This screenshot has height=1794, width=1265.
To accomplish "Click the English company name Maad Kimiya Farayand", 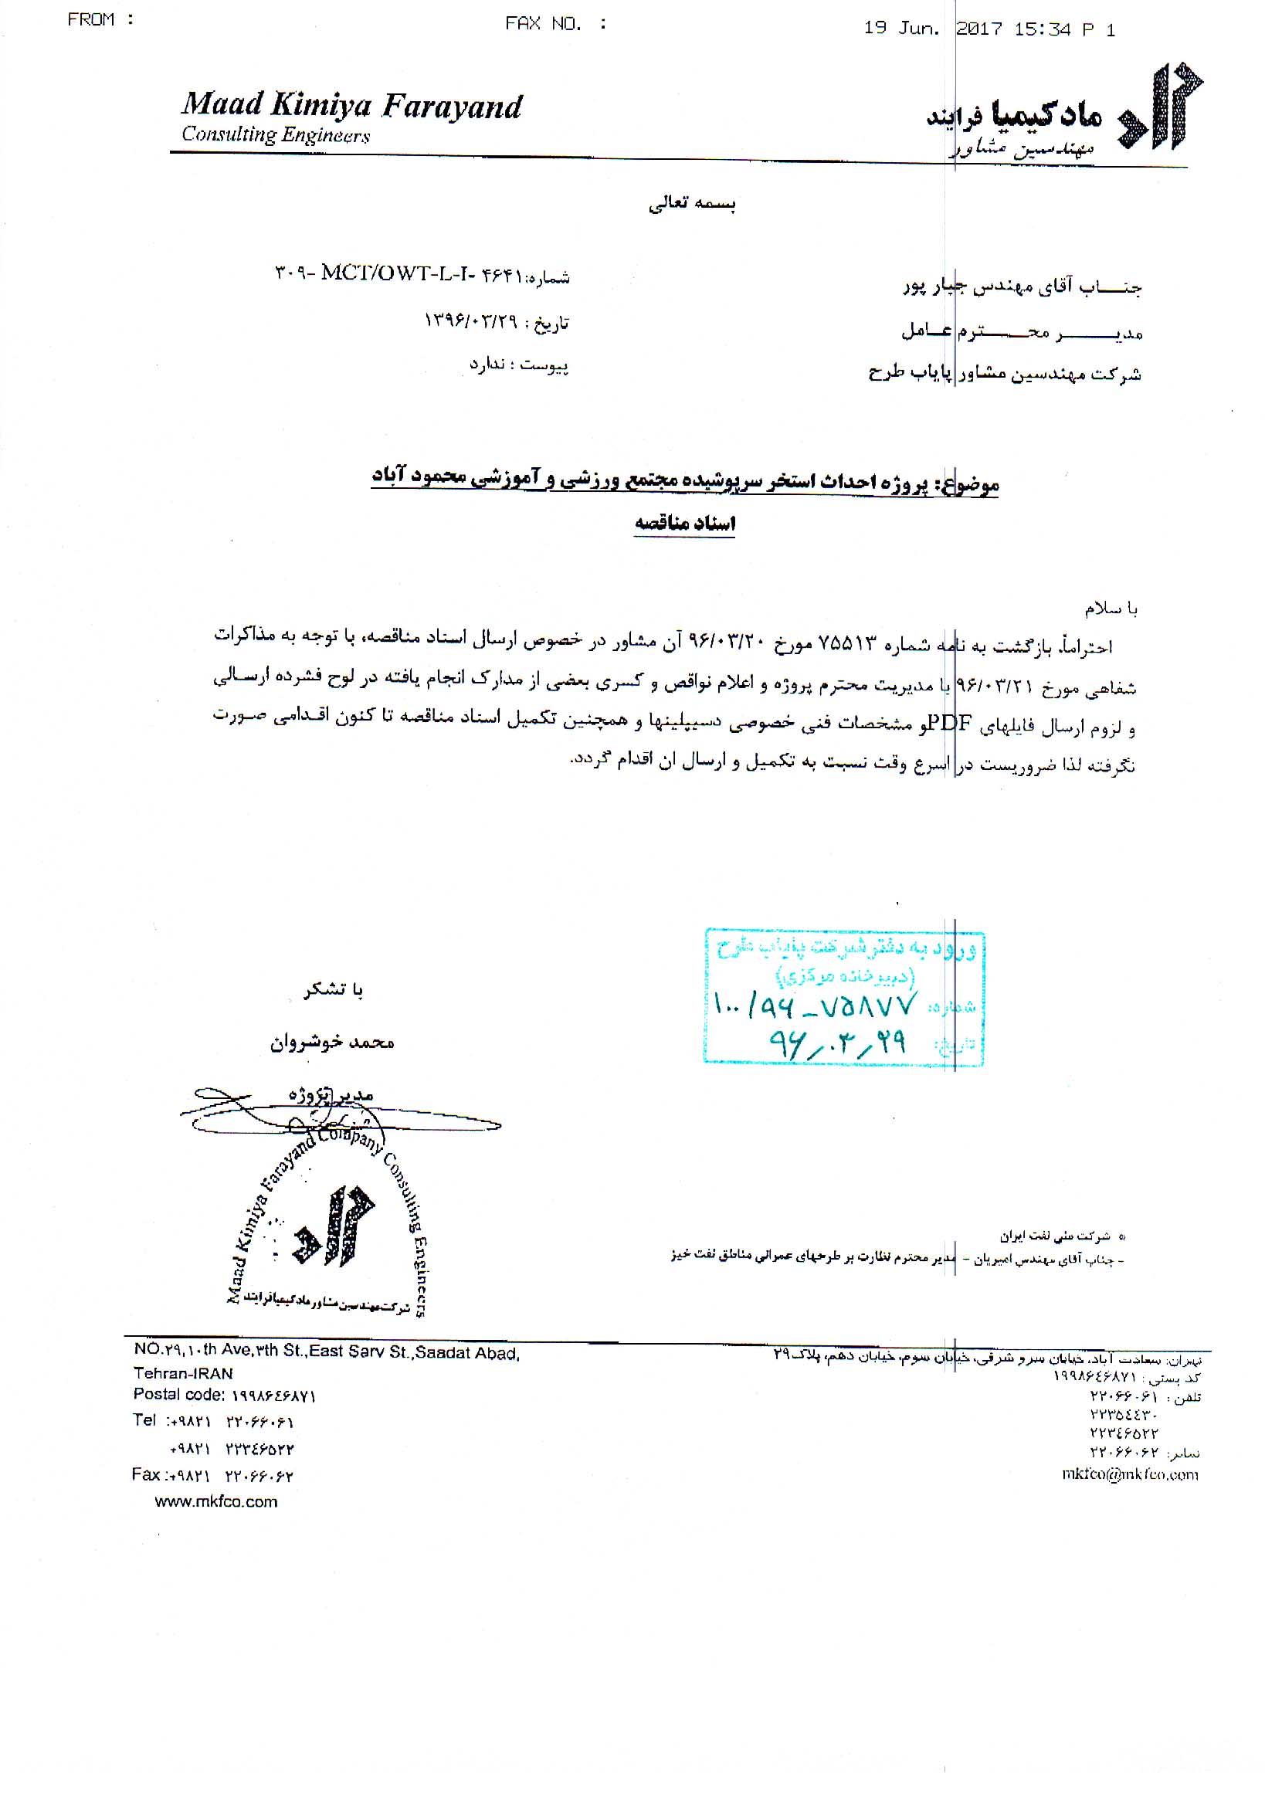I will (x=351, y=107).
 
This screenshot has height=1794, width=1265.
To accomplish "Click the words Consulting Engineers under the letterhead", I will (x=276, y=135).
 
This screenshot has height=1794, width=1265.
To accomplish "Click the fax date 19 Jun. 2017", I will (x=933, y=29).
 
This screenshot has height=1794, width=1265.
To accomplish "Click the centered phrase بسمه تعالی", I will (x=692, y=204).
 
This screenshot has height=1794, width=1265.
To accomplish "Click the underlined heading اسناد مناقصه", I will (x=684, y=524).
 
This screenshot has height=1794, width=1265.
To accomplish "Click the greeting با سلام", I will (x=1111, y=609).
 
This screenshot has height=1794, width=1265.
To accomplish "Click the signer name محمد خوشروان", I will (x=332, y=1043).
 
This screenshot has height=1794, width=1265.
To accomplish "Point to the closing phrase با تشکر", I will (x=334, y=991).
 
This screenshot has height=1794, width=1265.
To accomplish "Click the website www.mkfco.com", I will (x=215, y=1502).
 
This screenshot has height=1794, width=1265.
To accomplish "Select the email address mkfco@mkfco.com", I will (x=1130, y=1474).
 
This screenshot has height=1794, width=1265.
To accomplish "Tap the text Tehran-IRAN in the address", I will (x=183, y=1374).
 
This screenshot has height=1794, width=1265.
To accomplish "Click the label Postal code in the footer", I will (x=179, y=1395).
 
